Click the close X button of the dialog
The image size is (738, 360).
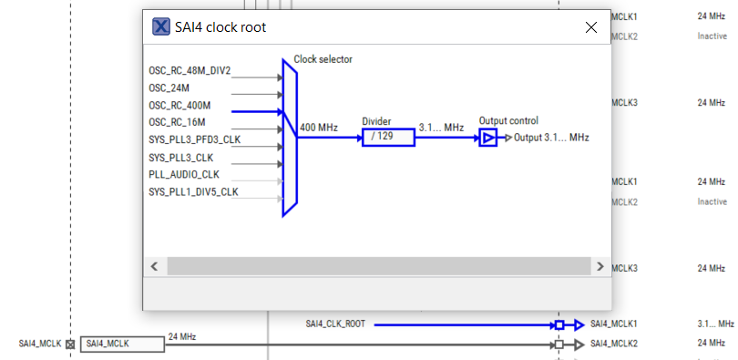click(x=590, y=27)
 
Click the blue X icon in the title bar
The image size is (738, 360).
click(x=161, y=27)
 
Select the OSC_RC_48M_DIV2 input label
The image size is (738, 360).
click(x=190, y=70)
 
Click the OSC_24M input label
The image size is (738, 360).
click(x=169, y=88)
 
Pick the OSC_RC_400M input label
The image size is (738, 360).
click(x=179, y=106)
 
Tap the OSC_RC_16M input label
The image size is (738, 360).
click(x=177, y=122)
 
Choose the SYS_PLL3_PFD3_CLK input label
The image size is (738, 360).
click(x=194, y=140)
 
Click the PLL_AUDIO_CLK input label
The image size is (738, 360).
click(x=183, y=175)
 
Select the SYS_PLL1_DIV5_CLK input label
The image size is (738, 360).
click(x=193, y=192)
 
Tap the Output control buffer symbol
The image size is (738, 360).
click(x=488, y=138)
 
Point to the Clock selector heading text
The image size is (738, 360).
click(x=323, y=60)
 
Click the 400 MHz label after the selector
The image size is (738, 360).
click(x=319, y=129)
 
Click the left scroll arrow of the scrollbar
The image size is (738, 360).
click(x=154, y=266)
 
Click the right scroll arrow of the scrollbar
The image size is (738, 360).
click(x=600, y=266)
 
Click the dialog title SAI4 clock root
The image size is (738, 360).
click(x=221, y=27)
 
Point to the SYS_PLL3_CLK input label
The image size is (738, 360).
click(x=182, y=158)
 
